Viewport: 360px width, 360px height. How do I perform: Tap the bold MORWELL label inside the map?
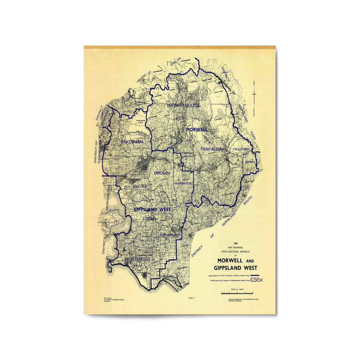tap(197, 130)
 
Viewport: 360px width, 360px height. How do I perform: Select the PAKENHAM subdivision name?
tap(132, 141)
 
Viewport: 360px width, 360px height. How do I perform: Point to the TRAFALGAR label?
tap(212, 149)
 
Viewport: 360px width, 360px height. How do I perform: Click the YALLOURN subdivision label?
tap(241, 150)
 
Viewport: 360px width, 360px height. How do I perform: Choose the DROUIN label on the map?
tap(162, 173)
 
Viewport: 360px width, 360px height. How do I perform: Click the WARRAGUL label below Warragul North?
tap(183, 183)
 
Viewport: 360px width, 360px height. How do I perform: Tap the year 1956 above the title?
tap(233, 243)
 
